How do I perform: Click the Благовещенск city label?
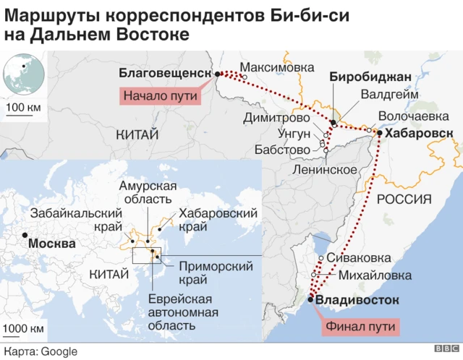click(164, 72)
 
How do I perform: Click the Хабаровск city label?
click(419, 133)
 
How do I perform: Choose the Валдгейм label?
click(388, 94)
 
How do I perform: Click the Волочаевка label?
click(413, 116)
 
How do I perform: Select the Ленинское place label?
click(324, 170)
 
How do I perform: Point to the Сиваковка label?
click(359, 258)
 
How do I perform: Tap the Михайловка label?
click(375, 275)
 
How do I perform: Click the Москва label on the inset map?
click(51, 244)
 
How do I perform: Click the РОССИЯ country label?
click(404, 199)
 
